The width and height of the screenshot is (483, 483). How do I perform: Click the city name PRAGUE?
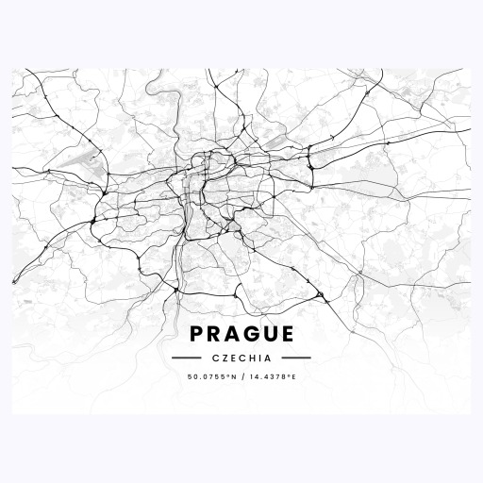tap(241, 335)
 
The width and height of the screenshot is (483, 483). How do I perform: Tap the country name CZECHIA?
tap(241, 358)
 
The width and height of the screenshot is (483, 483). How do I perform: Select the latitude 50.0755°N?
tap(212, 377)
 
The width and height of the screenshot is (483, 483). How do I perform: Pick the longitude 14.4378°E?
tap(273, 377)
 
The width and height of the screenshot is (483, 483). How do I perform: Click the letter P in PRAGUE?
tap(196, 335)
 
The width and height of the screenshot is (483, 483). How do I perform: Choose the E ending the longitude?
tap(293, 377)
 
